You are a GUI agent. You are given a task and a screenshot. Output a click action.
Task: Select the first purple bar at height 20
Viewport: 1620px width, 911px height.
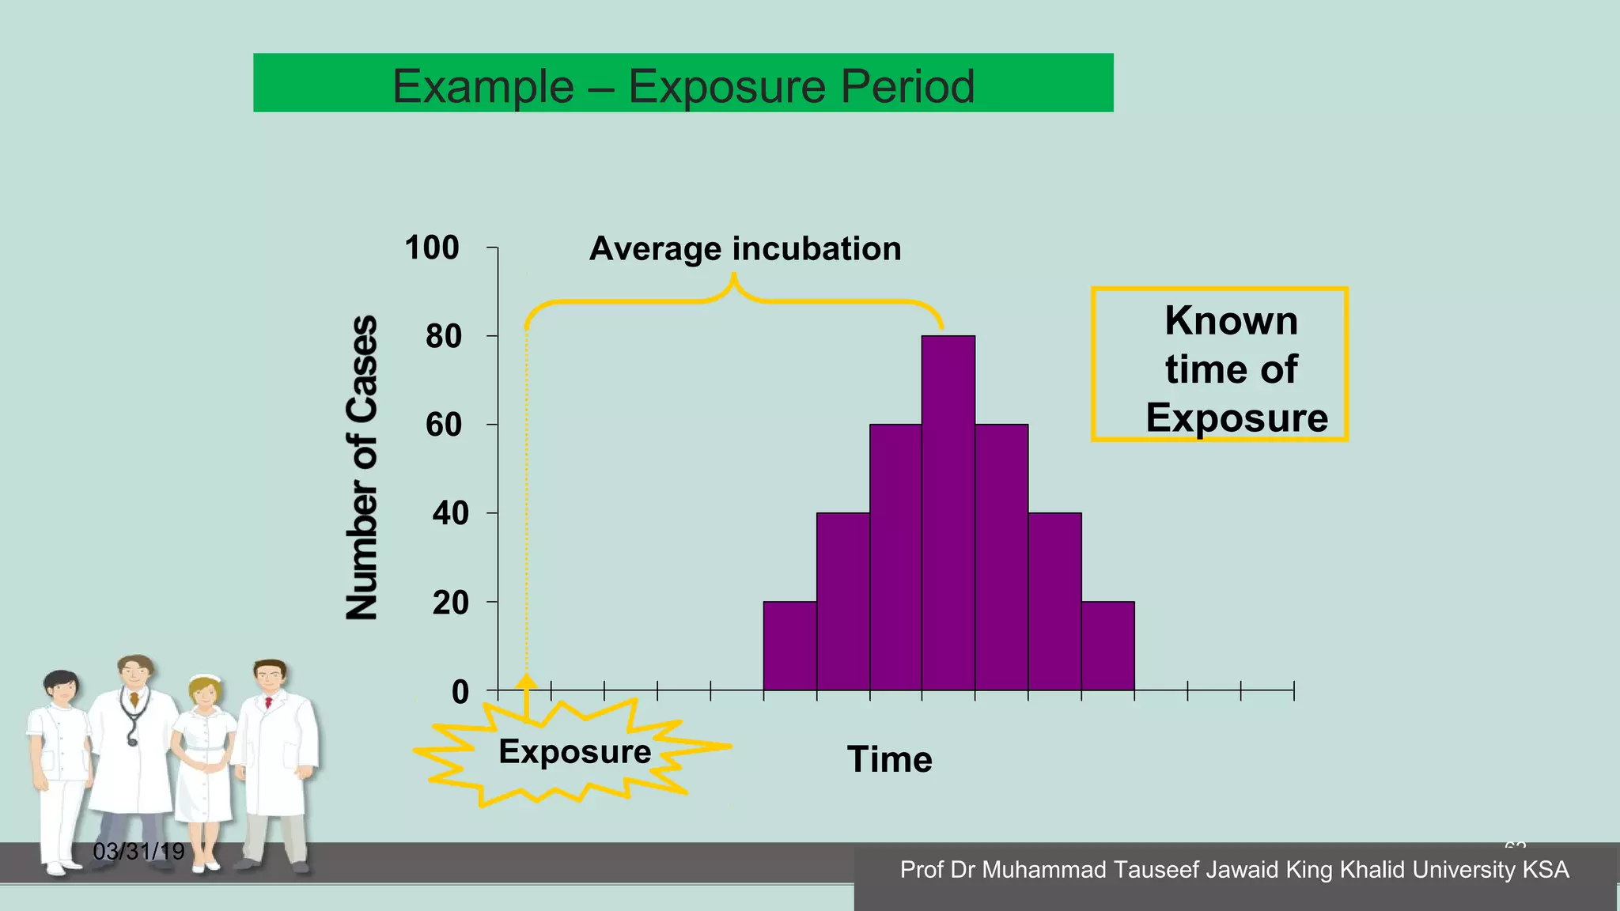[x=789, y=646]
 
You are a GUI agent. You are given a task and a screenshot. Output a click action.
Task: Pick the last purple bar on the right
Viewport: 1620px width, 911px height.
[x=1107, y=646]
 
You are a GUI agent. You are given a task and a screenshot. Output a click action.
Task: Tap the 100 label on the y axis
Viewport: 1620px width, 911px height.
[x=432, y=248]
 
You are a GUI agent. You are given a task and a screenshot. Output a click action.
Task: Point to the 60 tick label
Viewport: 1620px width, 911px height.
[x=444, y=425]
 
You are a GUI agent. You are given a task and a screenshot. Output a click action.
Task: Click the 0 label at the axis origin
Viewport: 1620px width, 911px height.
[x=460, y=692]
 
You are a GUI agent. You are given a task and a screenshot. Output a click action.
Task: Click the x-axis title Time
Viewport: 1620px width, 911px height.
[x=889, y=759]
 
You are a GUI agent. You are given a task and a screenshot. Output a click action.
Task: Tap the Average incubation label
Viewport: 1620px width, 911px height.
[x=745, y=248]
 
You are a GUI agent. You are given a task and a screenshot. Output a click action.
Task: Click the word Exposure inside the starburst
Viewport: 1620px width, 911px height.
[x=574, y=751]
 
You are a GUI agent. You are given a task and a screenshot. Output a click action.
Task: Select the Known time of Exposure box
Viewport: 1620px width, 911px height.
[x=1220, y=365]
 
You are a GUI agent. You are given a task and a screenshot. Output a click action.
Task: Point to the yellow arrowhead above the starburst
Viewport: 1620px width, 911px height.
[x=526, y=682]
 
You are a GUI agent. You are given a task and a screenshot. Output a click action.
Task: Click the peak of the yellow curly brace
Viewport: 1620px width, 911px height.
[x=734, y=278]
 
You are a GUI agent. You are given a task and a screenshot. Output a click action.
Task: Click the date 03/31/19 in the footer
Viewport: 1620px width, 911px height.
[x=138, y=852]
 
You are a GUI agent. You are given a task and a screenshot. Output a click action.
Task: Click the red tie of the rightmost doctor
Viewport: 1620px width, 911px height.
[x=268, y=702]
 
